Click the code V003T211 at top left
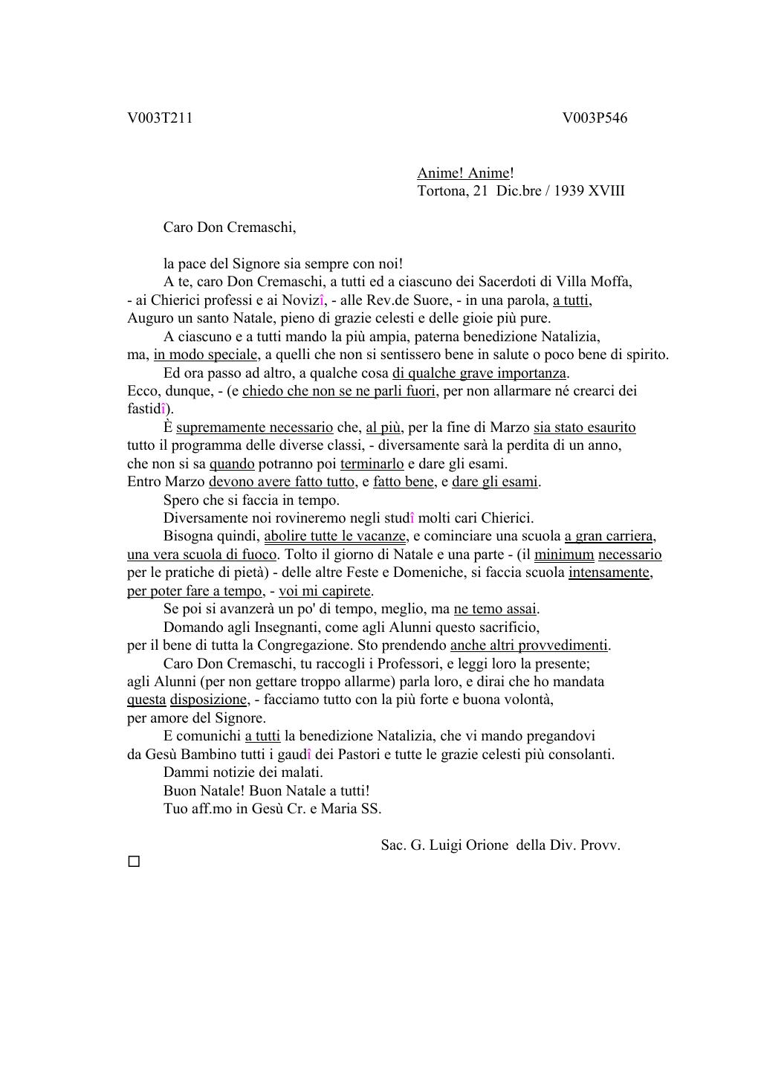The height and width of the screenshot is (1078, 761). pos(160,117)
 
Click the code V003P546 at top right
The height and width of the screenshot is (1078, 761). pos(595,117)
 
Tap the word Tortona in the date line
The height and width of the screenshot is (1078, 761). pos(441,190)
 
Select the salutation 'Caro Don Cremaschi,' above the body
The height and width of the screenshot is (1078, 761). pos(229,227)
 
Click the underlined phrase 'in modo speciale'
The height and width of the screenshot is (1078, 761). pos(206,355)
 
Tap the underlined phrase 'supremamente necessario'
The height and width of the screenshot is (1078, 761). pos(254,427)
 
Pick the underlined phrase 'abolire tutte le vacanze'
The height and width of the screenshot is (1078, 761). pos(335,536)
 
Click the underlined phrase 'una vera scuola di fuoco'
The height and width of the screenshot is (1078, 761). pos(202,555)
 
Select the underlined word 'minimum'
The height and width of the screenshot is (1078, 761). pos(564,555)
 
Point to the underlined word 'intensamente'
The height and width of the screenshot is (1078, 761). pos(609,572)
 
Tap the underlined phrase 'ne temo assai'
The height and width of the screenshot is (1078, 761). pos(496,609)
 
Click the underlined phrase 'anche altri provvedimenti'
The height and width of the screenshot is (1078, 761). pos(528,645)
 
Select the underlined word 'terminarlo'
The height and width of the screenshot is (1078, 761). pos(372,464)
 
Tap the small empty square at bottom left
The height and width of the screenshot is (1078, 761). pos(134,862)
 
